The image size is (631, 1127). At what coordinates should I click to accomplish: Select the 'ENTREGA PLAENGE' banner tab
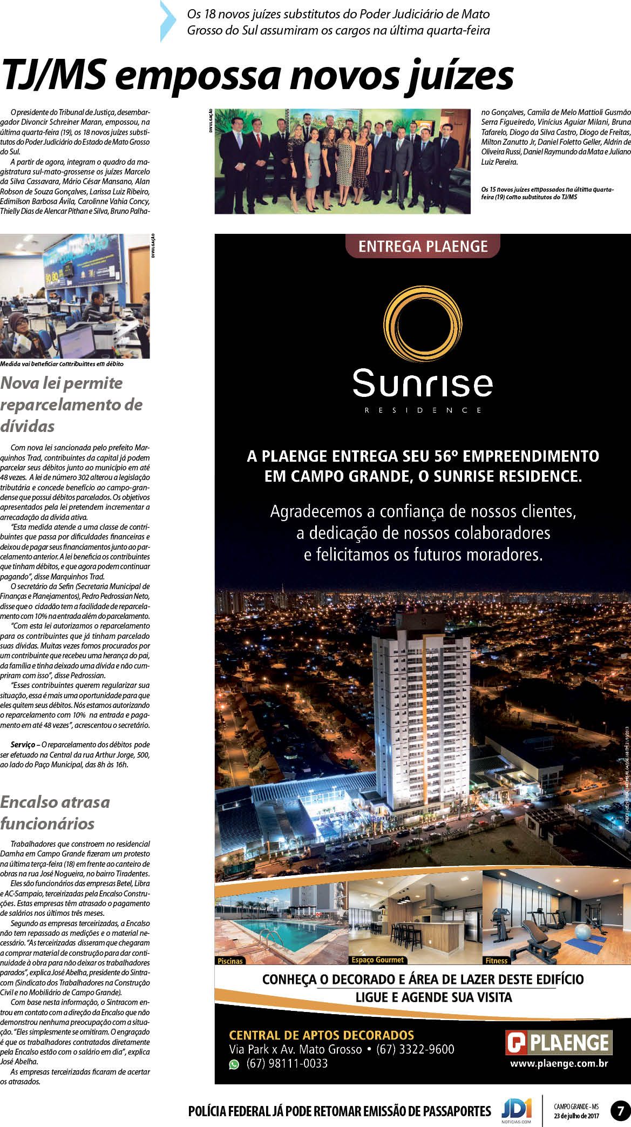423,246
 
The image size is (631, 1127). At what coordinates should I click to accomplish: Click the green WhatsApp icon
234,1064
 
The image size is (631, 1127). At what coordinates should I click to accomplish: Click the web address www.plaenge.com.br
559,1063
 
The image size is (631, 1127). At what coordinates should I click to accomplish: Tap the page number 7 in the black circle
620,1111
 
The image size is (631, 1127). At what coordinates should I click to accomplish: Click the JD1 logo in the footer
517,1109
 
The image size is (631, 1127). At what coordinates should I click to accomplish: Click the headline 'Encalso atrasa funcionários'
55,812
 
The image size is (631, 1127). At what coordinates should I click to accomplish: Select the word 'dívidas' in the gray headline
28,426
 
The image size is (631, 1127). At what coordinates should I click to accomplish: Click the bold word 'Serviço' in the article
23,745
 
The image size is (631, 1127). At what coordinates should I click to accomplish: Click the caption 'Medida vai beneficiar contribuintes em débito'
62,364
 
